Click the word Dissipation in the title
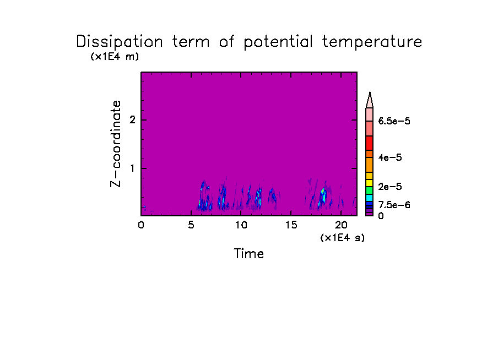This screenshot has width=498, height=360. pyautogui.click(x=120, y=42)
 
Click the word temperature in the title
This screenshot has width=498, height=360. pyautogui.click(x=372, y=42)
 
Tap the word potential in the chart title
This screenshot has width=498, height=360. pyautogui.click(x=278, y=42)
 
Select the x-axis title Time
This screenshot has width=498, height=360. pyautogui.click(x=248, y=254)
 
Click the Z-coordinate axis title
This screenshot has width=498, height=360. pyautogui.click(x=116, y=144)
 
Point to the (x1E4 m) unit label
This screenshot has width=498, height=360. pyautogui.click(x=115, y=57)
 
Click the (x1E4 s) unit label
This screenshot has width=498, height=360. pyautogui.click(x=343, y=237)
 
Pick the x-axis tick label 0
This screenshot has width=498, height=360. pyautogui.click(x=141, y=225)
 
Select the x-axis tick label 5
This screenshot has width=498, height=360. pyautogui.click(x=191, y=225)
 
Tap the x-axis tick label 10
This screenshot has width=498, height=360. pyautogui.click(x=241, y=225)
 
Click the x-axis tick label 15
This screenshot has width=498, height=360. pyautogui.click(x=291, y=225)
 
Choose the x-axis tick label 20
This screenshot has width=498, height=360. pyautogui.click(x=341, y=225)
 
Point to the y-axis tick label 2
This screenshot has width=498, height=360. pyautogui.click(x=132, y=120)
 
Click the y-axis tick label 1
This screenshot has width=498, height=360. pyautogui.click(x=132, y=168)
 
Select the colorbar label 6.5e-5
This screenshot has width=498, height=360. pyautogui.click(x=394, y=121)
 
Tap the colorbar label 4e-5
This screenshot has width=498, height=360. pyautogui.click(x=390, y=157)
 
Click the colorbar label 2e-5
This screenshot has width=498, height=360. pyautogui.click(x=390, y=187)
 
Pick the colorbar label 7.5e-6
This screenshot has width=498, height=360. pyautogui.click(x=394, y=205)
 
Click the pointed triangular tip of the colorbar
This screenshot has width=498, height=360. pyautogui.click(x=370, y=92)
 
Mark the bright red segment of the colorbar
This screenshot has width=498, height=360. pyautogui.click(x=370, y=143)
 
